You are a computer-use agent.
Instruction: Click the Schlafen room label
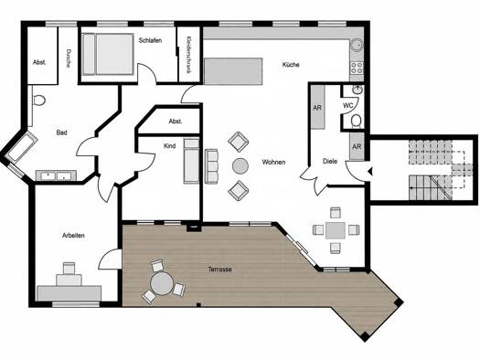[150, 40]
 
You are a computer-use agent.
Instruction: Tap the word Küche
[291, 65]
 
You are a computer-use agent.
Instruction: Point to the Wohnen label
[273, 162]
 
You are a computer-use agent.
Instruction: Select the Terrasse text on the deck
[219, 270]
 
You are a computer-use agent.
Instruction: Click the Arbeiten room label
[73, 235]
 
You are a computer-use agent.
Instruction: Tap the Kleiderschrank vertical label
[188, 55]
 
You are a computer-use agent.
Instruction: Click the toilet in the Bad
[39, 100]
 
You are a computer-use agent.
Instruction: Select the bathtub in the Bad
[21, 147]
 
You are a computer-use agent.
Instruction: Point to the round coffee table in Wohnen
[240, 165]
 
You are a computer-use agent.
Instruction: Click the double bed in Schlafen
[109, 54]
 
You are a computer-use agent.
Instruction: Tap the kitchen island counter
[233, 71]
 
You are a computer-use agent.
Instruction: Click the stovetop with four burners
[357, 68]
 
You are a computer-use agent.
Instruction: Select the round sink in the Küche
[357, 46]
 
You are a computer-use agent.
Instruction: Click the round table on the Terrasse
[162, 283]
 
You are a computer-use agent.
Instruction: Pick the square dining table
[336, 230]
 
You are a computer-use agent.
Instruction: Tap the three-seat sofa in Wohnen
[211, 166]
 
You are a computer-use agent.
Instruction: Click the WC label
[347, 105]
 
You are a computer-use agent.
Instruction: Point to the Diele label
[330, 161]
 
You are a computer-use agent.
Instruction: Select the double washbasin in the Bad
[57, 175]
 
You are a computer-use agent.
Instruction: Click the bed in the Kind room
[191, 161]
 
